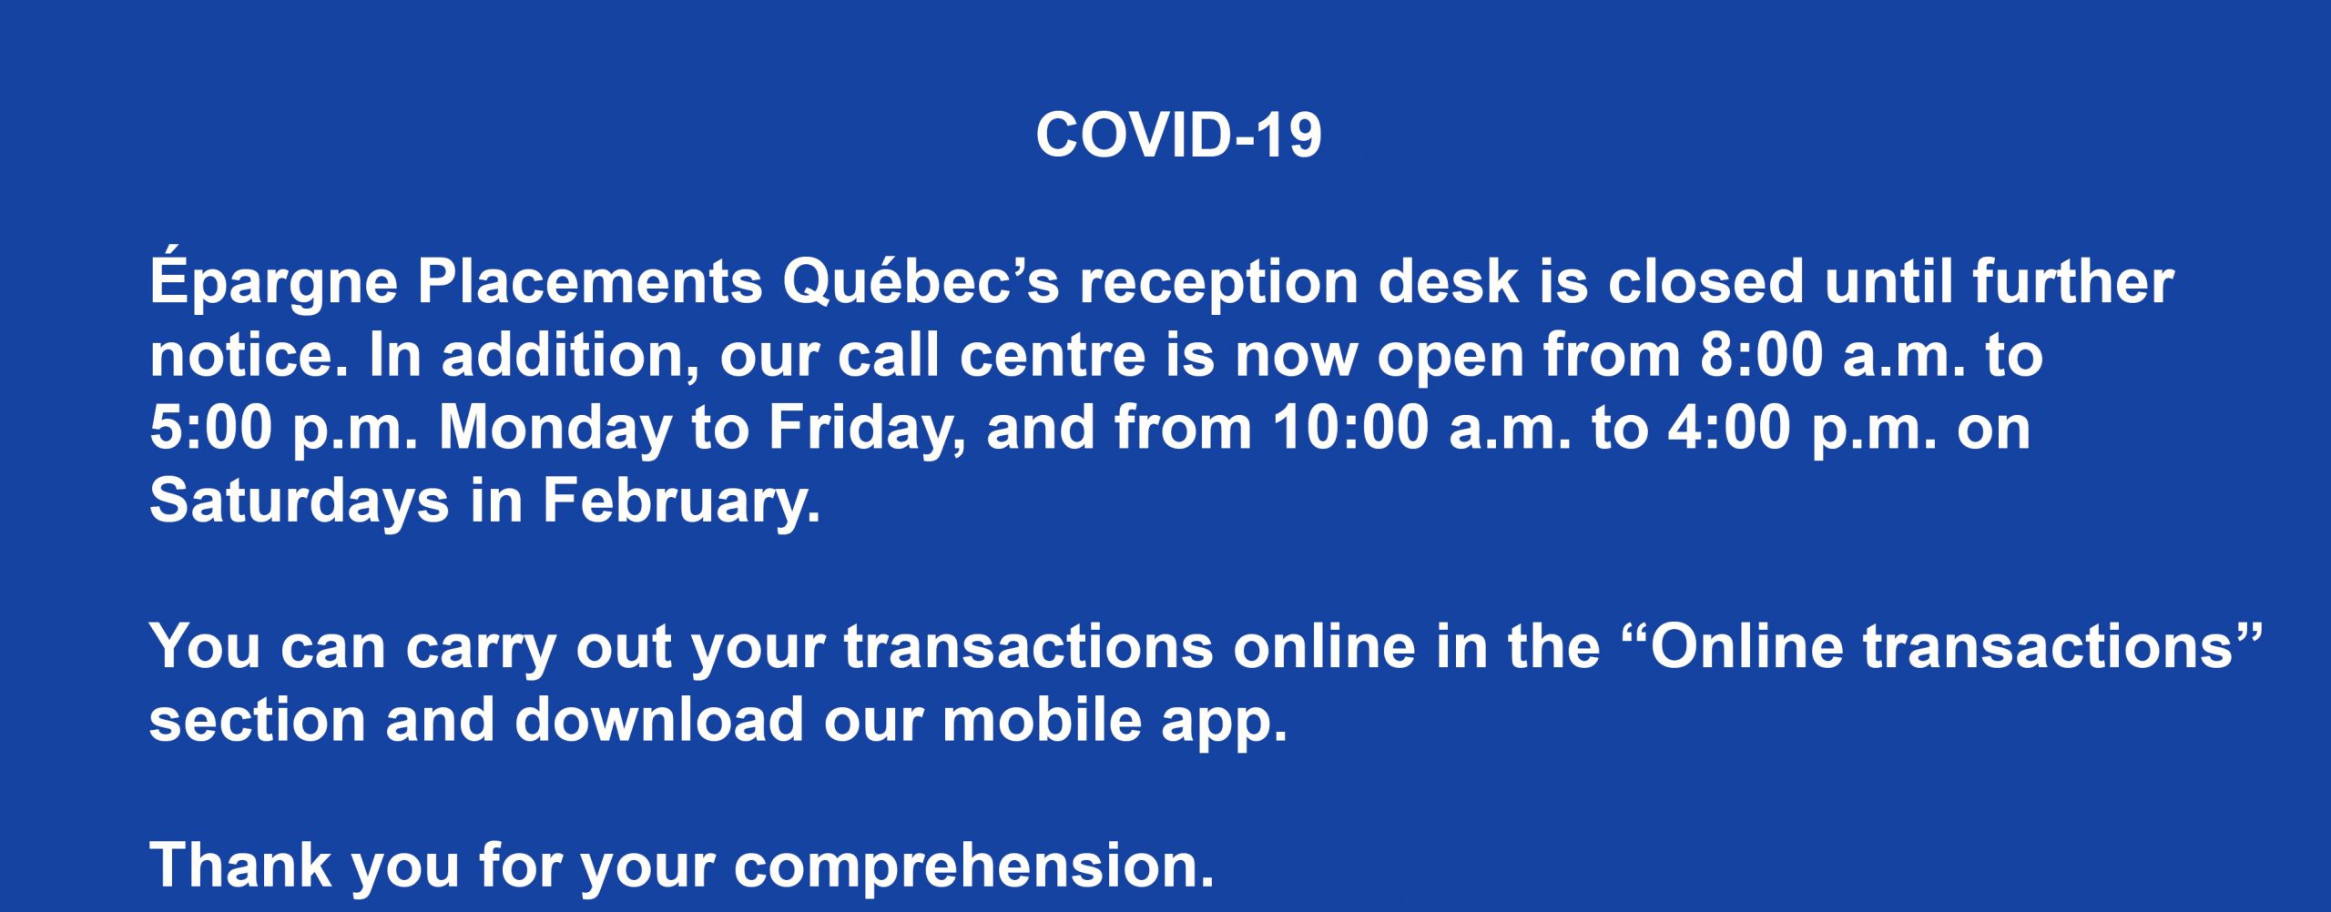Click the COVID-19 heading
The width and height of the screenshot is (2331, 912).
coord(1178,136)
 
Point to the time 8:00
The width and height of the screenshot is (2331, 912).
coord(1760,355)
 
